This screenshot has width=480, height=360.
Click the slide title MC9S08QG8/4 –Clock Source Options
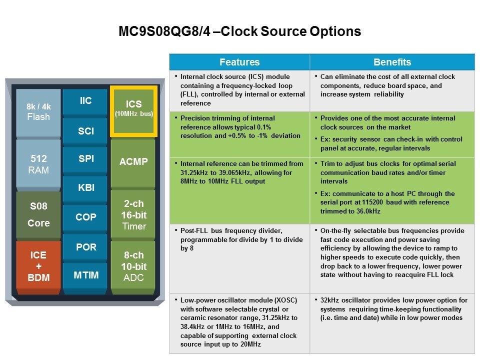(239, 31)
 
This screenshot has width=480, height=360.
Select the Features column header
(239, 62)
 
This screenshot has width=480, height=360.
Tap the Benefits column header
(392, 62)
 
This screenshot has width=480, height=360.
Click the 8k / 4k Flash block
(38, 112)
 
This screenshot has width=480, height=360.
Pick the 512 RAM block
(38, 164)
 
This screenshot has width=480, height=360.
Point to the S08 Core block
(38, 214)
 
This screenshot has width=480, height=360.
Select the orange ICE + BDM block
(38, 266)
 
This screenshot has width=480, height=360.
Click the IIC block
(85, 101)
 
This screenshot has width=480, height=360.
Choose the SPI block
(85, 159)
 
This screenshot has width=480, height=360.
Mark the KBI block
(85, 188)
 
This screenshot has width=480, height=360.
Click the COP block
(85, 217)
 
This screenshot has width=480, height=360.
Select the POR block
(85, 247)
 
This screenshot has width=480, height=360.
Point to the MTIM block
(85, 275)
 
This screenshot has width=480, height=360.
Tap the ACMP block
(133, 162)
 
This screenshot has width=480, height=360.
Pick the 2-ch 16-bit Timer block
(133, 215)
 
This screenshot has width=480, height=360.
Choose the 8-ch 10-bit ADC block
(133, 266)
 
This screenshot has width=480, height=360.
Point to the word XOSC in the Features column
(285, 300)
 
